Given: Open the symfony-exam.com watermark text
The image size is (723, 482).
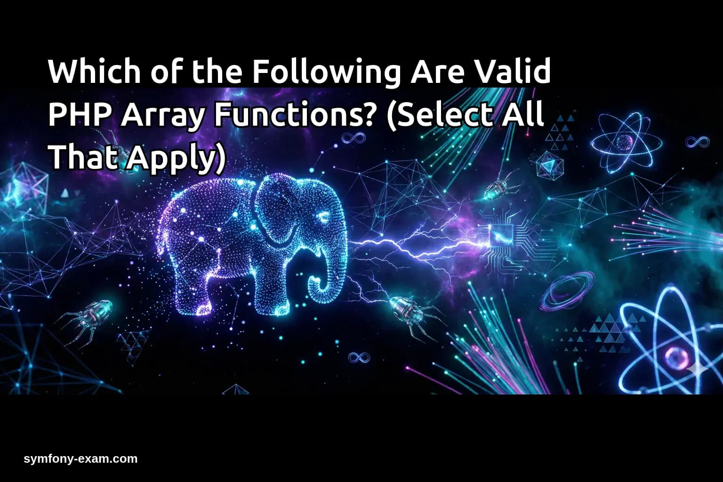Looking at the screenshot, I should [x=80, y=459].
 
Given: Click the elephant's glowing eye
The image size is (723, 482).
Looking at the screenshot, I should [x=323, y=217].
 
